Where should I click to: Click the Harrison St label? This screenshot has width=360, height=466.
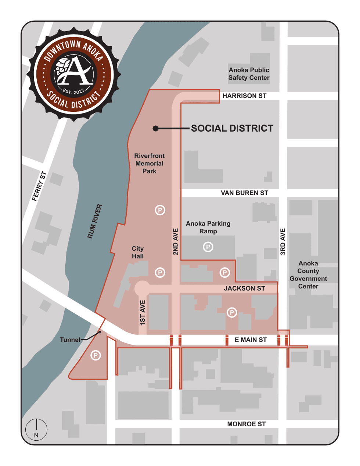(x=244, y=96)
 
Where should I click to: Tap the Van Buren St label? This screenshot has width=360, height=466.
(x=244, y=193)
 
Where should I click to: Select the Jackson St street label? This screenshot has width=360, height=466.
(x=244, y=288)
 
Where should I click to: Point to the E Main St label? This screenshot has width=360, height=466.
(x=251, y=340)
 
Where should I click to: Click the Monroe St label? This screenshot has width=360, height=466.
(x=246, y=424)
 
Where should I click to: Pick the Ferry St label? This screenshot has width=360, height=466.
(x=39, y=186)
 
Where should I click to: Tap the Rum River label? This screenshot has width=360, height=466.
(x=95, y=222)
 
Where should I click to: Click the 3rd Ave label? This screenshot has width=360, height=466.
(x=283, y=242)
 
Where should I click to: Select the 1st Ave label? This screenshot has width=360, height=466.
(x=143, y=312)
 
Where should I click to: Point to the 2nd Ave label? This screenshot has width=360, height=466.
(x=176, y=242)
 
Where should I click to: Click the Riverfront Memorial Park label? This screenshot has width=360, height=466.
(x=150, y=164)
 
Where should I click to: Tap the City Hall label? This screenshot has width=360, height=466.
(x=138, y=252)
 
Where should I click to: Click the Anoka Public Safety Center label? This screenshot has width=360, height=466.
(x=249, y=74)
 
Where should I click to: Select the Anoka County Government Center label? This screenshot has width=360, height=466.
(x=308, y=275)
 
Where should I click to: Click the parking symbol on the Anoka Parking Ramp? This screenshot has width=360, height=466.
(x=208, y=247)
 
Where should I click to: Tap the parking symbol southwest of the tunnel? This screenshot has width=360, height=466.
(x=96, y=355)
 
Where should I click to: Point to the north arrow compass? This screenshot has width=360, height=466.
(x=36, y=429)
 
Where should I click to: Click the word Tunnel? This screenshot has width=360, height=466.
(x=70, y=340)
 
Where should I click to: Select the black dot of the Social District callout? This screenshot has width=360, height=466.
(x=156, y=128)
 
